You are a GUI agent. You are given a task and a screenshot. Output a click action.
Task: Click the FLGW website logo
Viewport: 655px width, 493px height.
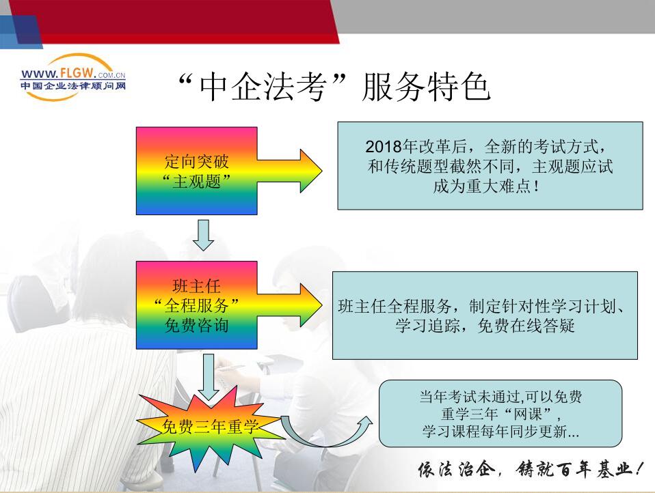(x=73, y=77)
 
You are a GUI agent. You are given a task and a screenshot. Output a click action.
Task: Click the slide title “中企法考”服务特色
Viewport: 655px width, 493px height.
(x=334, y=87)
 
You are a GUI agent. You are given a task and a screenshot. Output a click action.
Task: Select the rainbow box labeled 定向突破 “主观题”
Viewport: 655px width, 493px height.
(x=196, y=171)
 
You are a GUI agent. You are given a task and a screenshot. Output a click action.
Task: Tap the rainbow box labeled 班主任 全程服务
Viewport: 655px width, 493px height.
(x=196, y=305)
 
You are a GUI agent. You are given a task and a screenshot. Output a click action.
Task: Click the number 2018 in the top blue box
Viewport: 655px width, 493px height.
(x=383, y=147)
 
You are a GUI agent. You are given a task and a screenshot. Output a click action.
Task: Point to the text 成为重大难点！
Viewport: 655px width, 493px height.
(x=486, y=186)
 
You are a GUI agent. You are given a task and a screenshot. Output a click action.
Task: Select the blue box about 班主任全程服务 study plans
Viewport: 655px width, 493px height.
(x=485, y=315)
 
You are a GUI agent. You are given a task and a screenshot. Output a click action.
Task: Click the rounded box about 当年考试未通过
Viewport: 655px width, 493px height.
(x=500, y=413)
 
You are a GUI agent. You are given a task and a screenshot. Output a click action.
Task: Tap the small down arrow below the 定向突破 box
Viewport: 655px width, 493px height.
(x=204, y=236)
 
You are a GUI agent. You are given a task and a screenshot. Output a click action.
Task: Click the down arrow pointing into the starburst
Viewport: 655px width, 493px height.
(x=208, y=378)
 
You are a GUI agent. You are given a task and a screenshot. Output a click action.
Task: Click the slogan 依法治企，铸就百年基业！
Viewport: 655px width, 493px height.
(x=530, y=469)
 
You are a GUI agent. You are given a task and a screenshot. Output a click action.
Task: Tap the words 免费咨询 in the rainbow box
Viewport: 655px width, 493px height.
(x=196, y=325)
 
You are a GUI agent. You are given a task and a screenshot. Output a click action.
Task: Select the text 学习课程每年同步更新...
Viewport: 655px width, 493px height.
(x=495, y=432)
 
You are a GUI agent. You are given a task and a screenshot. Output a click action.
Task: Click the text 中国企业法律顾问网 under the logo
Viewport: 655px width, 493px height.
(x=73, y=86)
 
